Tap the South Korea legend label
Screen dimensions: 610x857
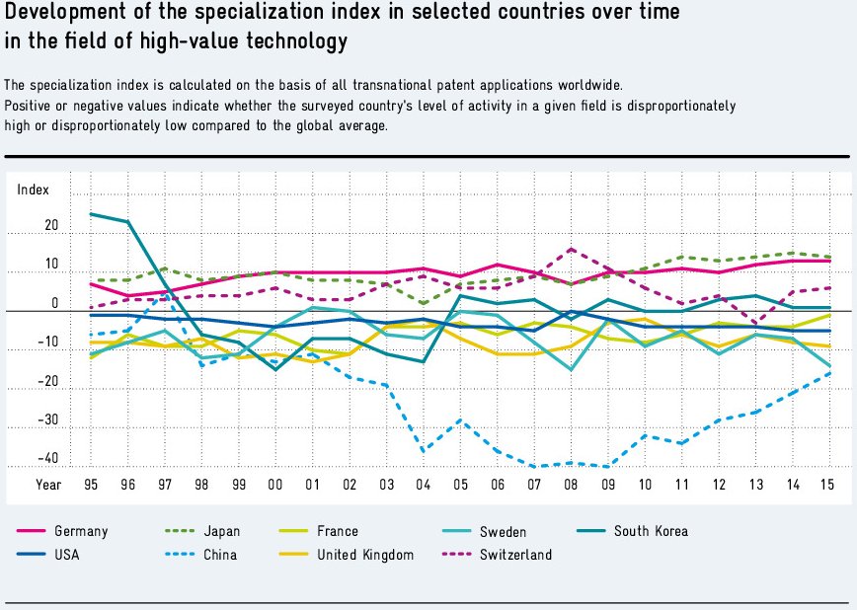[651, 531]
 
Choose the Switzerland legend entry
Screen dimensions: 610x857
[515, 555]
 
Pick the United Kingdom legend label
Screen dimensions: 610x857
[365, 555]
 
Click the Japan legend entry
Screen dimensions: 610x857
[222, 531]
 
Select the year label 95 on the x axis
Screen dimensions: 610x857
[91, 485]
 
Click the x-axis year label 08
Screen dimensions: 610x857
[571, 485]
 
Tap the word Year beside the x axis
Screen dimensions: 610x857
[48, 485]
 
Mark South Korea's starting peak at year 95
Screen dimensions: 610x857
[91, 213]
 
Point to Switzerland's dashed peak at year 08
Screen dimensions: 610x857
[571, 249]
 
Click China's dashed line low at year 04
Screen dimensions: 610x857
[424, 451]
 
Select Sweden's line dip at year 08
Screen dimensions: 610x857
[571, 370]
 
